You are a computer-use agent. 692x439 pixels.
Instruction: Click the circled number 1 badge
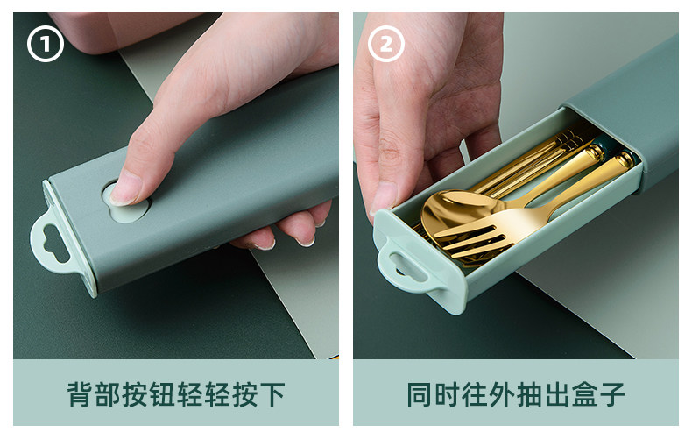click(46, 44)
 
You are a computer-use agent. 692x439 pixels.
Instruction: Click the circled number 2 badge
click(386, 44)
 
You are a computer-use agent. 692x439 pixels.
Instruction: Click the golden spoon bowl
click(459, 211)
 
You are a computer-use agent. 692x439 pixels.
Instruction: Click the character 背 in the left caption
click(81, 394)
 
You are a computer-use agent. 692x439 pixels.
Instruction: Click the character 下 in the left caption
click(272, 394)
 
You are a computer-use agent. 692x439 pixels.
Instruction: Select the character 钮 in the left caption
click(163, 394)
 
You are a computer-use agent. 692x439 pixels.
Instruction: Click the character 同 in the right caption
click(420, 394)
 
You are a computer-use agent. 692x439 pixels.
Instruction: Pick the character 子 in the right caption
click(611, 394)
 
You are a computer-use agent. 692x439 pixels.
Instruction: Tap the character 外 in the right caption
click(502, 394)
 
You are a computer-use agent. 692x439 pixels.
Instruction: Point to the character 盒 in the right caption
click(584, 394)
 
